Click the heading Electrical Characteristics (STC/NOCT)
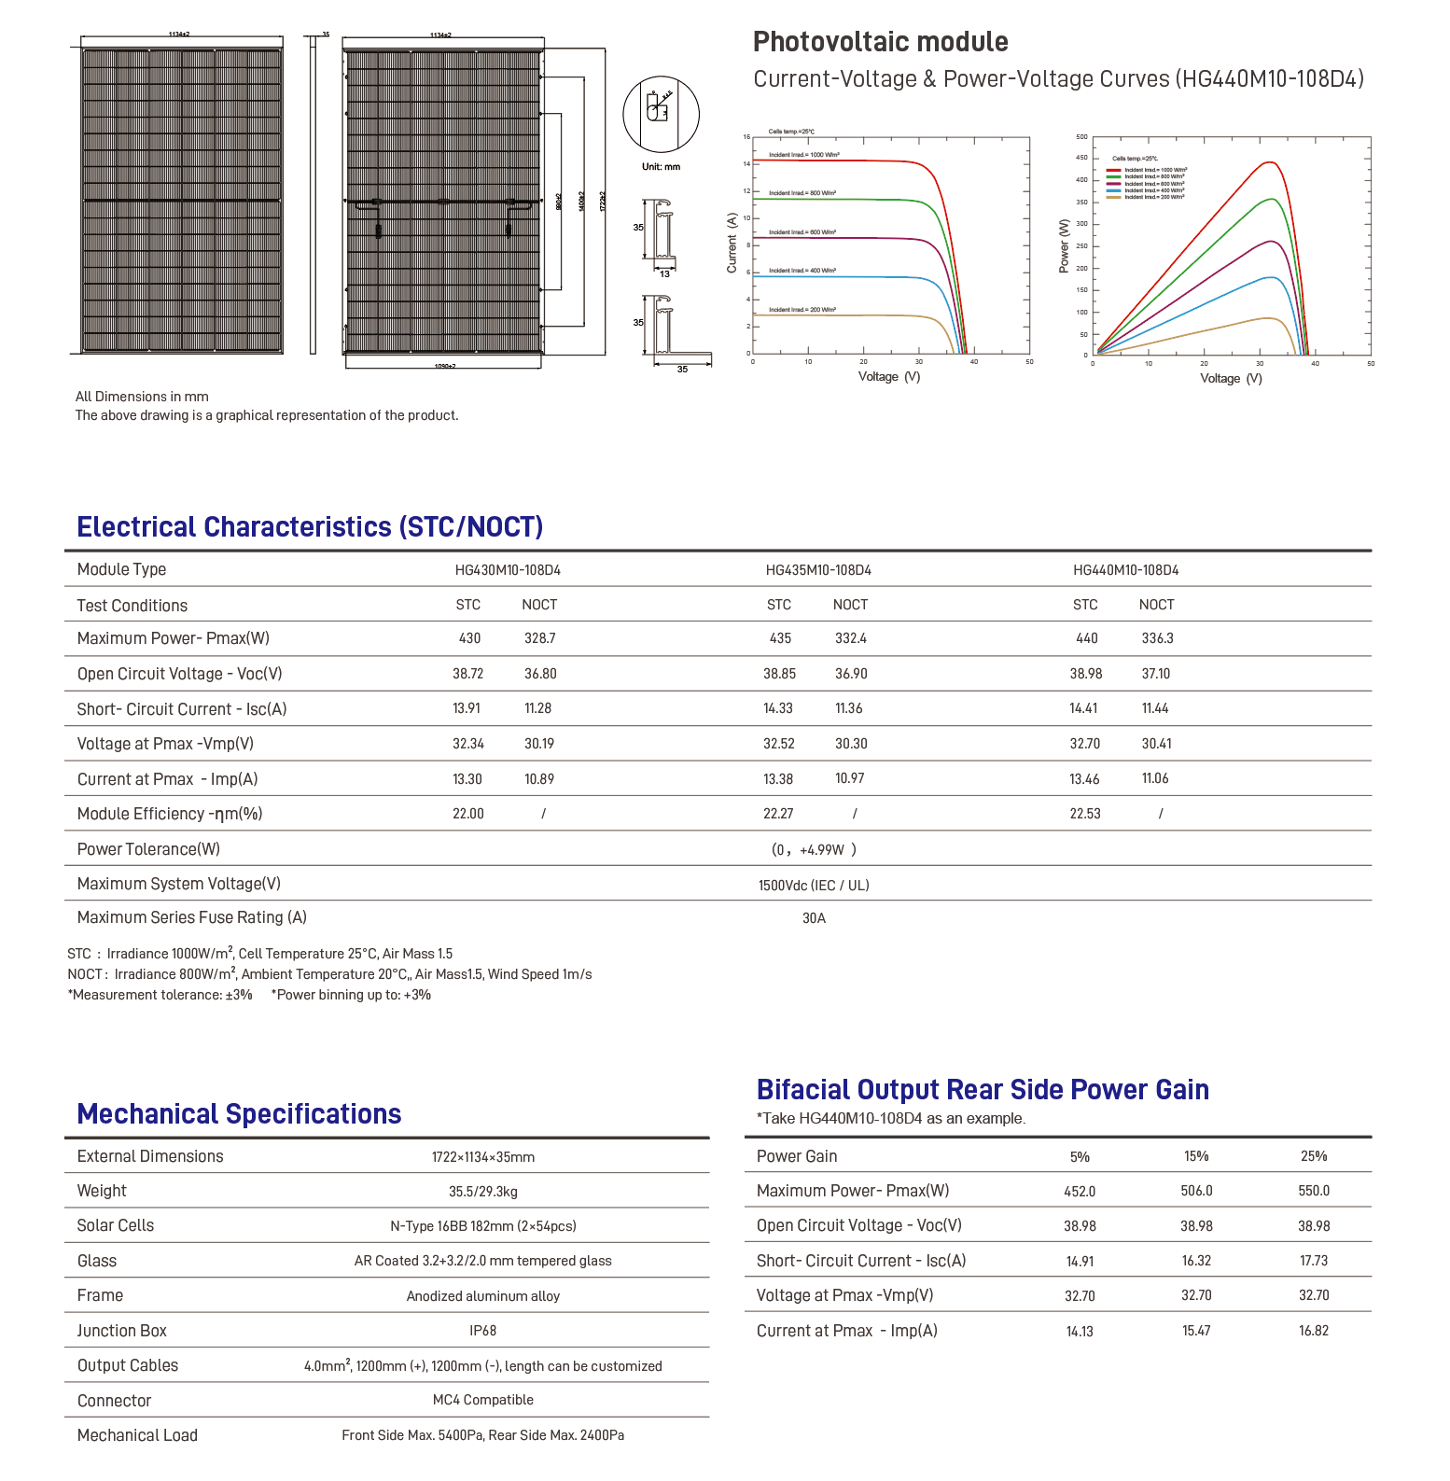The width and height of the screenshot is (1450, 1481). coord(310,527)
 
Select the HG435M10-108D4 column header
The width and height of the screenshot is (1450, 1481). coord(818,570)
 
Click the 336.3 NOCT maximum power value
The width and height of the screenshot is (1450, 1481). coord(1157,639)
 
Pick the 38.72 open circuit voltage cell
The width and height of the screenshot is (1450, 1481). coord(467,674)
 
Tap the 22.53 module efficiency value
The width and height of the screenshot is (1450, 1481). coord(1084,814)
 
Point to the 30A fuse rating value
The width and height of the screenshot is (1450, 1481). coord(814,918)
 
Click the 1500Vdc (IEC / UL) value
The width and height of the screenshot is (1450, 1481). coord(813,886)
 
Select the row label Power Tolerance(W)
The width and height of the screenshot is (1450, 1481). coord(148,849)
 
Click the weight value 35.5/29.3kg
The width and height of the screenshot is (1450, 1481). coord(482,1192)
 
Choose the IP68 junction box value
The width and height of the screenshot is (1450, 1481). coord(482,1331)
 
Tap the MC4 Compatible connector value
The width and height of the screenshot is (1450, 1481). coord(482,1400)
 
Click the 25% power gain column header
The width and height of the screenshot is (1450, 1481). coord(1313,1156)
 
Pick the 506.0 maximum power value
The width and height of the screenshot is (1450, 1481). coord(1196,1192)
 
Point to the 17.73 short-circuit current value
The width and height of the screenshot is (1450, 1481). coord(1313,1261)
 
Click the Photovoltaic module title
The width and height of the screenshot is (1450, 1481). coord(880,42)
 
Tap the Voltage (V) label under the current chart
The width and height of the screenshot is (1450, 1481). coord(888,377)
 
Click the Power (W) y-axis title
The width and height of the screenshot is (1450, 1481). coord(1064,246)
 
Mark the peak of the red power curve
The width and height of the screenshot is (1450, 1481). coord(1270,162)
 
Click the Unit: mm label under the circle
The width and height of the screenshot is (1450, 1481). coord(661,167)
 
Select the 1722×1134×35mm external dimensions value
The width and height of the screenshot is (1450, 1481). coord(482,1157)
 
